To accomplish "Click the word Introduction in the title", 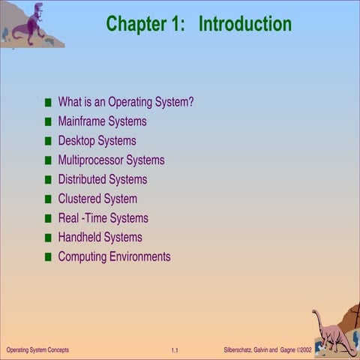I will pos(244,24).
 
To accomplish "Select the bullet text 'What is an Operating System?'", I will pos(125,102).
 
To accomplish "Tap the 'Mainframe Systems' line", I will pos(102,121).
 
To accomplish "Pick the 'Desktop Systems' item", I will pos(97,140).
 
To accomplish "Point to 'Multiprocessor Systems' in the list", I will pos(111,160).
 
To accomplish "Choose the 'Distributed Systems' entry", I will pos(102,179).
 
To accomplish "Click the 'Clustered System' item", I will pos(97,199).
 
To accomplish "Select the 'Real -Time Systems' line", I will pos(103,218).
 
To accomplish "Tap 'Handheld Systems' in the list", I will pos(100,237).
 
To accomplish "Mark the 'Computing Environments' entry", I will pos(114,256).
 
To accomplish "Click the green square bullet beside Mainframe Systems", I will pos(49,121).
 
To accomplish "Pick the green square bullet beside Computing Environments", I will pos(49,257).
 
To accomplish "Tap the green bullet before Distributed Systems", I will pos(49,180).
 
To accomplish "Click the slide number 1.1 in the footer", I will pos(174,350).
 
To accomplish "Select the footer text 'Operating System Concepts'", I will pos(37,350).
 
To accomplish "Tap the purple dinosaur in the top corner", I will pos(28,25).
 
